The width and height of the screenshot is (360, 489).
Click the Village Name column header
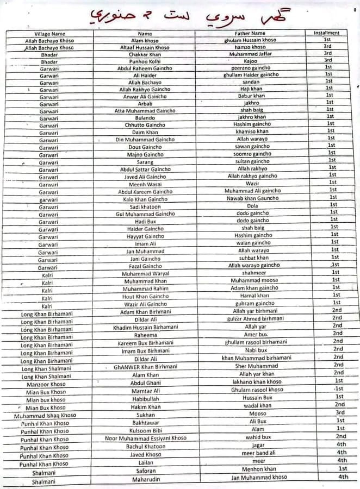[x=49, y=34]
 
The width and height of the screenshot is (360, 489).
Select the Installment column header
[x=327, y=33]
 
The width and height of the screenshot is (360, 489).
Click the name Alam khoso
[x=145, y=41]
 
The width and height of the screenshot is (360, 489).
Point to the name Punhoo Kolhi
[x=145, y=61]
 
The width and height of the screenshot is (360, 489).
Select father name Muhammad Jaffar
[x=250, y=54]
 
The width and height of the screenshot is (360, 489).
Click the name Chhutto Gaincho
[x=145, y=125]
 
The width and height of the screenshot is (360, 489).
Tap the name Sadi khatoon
[x=145, y=207]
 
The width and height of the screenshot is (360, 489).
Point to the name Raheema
[x=145, y=336]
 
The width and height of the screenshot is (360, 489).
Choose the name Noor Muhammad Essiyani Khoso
[x=146, y=438]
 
